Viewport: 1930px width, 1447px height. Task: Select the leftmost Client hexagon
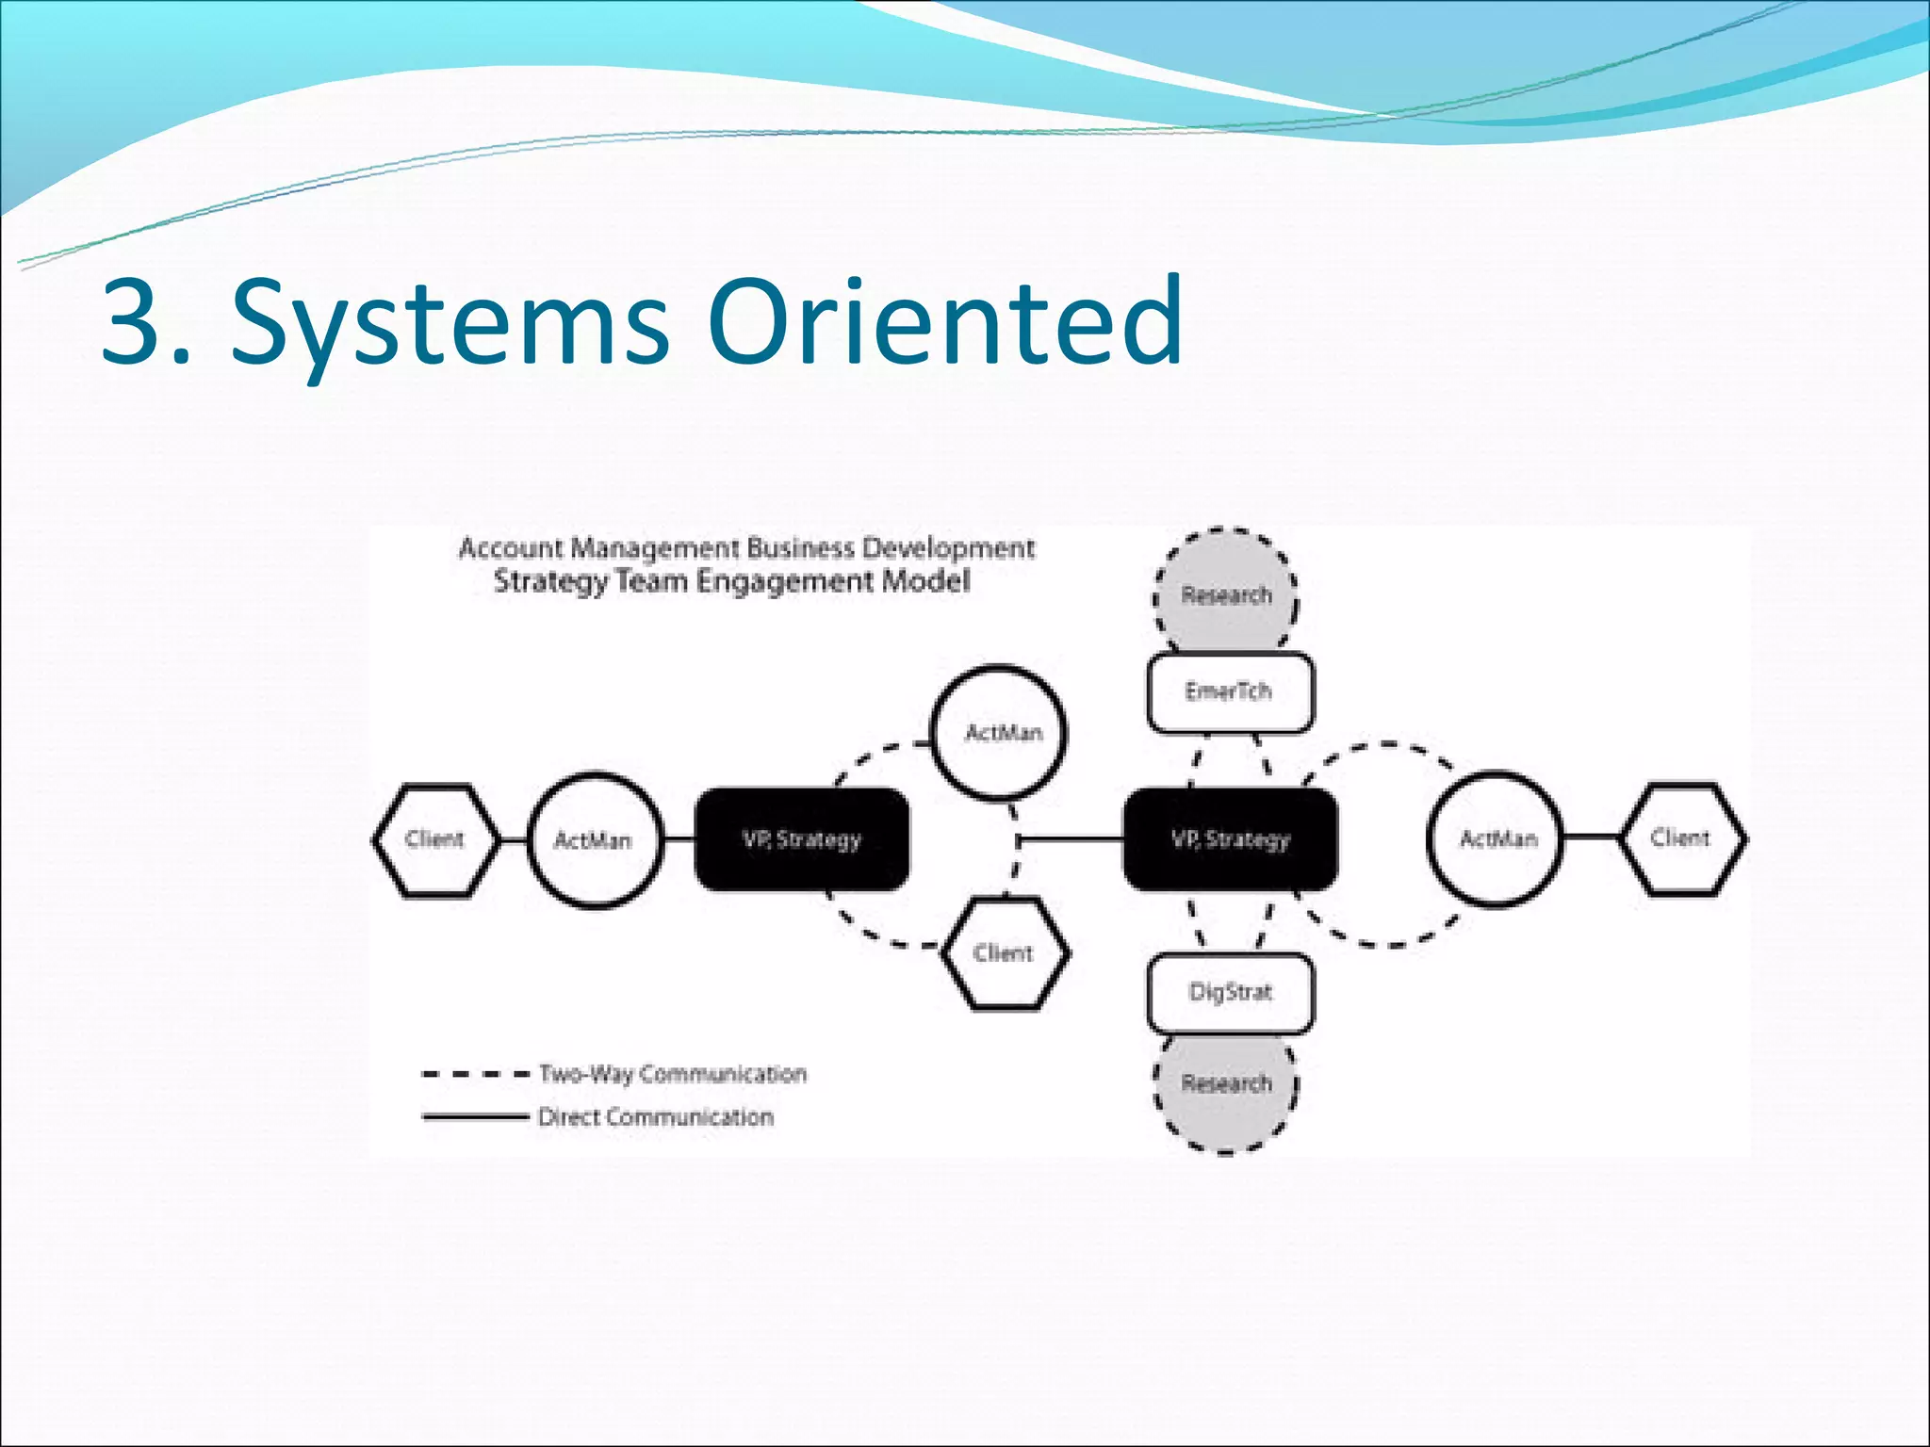(x=434, y=838)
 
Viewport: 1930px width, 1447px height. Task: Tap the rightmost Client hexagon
(x=1682, y=837)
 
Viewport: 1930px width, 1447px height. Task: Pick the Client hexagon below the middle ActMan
(x=1005, y=952)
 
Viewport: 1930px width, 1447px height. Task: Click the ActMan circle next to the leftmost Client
(x=594, y=839)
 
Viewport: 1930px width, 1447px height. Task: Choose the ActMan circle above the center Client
(x=1000, y=733)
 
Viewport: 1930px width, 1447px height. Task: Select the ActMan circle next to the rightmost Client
(x=1496, y=838)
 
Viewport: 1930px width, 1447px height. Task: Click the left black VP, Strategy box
(x=802, y=838)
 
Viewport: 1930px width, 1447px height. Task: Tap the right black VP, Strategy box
(x=1230, y=838)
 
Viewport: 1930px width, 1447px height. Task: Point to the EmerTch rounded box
(x=1229, y=692)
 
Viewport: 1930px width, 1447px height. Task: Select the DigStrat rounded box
(x=1229, y=992)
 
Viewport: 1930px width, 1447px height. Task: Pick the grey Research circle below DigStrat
(x=1225, y=1085)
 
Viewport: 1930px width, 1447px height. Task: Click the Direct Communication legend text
(x=656, y=1117)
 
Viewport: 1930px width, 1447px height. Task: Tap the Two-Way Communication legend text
(x=673, y=1074)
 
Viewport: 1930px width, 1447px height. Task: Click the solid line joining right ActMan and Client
(x=1592, y=837)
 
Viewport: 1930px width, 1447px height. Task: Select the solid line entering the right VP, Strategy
(x=1072, y=837)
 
